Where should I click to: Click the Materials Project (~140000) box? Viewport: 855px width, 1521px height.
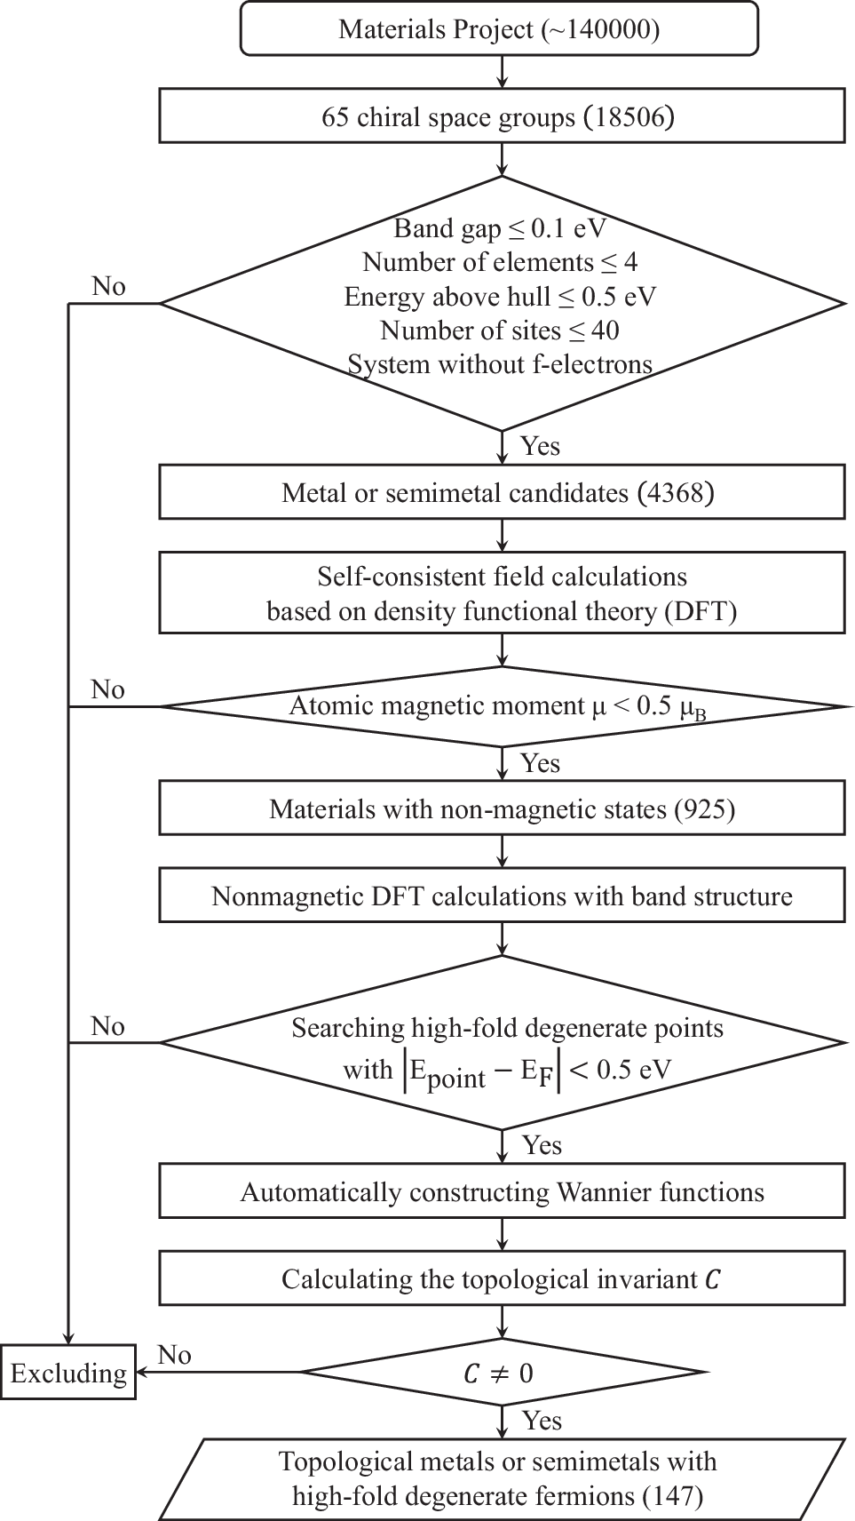[x=499, y=29]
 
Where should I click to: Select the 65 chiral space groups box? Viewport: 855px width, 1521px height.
[x=501, y=115]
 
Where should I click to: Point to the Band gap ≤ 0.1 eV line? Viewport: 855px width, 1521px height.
[x=500, y=228]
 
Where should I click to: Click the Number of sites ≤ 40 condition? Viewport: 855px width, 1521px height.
[x=500, y=330]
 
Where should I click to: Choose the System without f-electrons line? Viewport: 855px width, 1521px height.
[x=500, y=364]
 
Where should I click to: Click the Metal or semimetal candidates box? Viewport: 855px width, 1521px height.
[x=501, y=492]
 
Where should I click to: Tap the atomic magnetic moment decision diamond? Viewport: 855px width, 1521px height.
[x=501, y=707]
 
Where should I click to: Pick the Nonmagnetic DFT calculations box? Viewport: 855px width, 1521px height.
[x=501, y=896]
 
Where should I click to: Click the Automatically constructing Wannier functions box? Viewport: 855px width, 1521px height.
[x=501, y=1191]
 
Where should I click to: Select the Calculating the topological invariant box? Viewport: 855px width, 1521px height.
[x=501, y=1279]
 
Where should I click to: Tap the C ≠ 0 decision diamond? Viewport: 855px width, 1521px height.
[x=501, y=1374]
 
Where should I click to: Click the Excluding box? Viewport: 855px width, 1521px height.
[x=68, y=1374]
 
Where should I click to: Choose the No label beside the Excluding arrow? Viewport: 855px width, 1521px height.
[x=174, y=1355]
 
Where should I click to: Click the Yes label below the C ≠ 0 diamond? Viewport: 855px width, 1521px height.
[x=541, y=1421]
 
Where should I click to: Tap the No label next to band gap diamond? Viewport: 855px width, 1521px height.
[x=108, y=286]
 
